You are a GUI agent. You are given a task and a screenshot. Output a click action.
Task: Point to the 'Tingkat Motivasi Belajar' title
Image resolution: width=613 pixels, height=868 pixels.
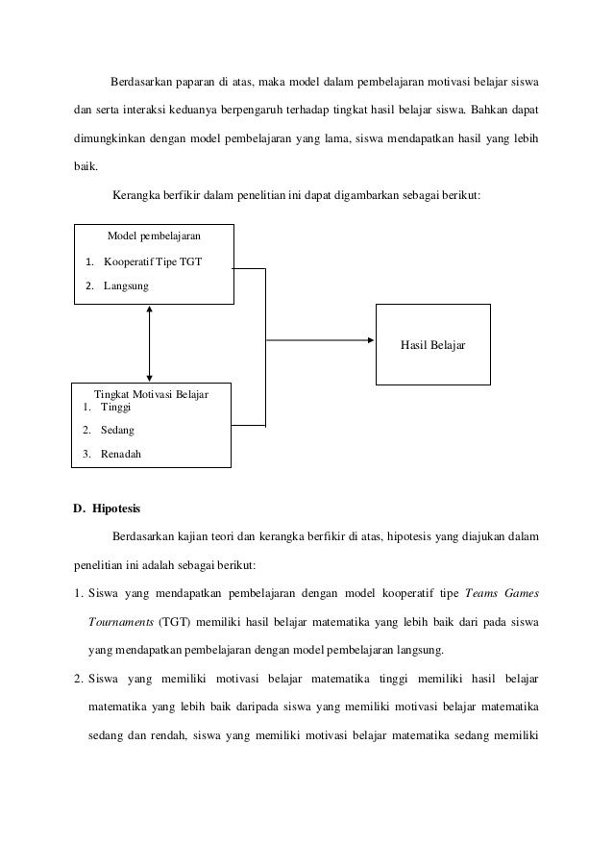[x=151, y=393]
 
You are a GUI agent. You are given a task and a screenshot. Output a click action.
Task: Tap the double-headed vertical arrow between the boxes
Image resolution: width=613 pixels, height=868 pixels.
[x=149, y=343]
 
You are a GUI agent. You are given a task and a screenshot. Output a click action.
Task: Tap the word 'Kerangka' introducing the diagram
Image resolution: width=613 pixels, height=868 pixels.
[x=136, y=196]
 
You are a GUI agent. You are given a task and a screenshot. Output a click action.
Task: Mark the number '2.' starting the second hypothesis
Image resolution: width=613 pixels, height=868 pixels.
[x=80, y=681]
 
